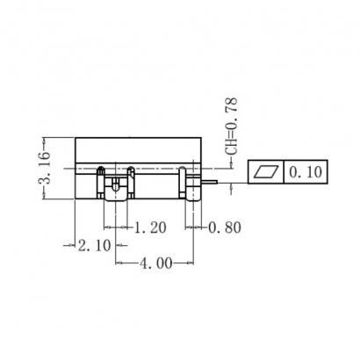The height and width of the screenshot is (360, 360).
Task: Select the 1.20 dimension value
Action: click(150, 227)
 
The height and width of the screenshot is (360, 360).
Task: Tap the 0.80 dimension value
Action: click(225, 227)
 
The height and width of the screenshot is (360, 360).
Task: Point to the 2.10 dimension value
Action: click(94, 245)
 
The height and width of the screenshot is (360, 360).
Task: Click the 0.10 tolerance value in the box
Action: click(304, 171)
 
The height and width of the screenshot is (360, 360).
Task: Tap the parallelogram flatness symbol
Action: click(267, 171)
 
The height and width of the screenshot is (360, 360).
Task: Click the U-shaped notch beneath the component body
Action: click(116, 186)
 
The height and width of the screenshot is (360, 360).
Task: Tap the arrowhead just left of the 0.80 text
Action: click(203, 227)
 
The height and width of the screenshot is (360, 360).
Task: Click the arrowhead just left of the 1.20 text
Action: click(131, 227)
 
